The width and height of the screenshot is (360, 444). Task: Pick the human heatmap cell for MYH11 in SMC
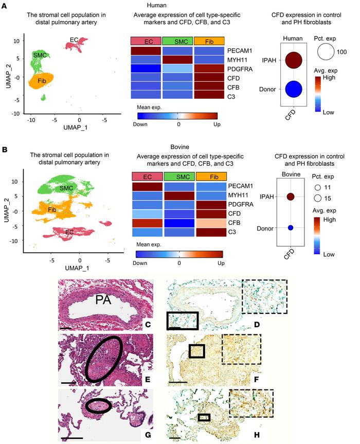(177, 60)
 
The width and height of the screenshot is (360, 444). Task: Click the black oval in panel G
(98, 406)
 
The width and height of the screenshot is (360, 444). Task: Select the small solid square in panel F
(196, 351)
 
